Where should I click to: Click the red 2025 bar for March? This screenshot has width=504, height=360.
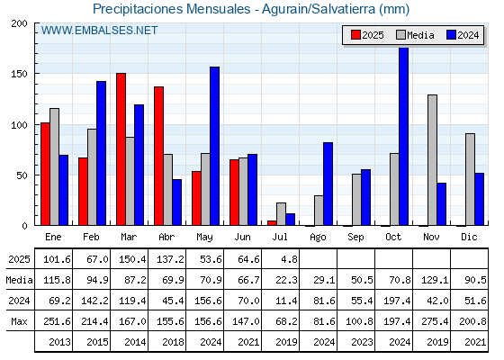coord(121,149)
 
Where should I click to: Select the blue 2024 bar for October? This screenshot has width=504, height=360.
coord(403,136)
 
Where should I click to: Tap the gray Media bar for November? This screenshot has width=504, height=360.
coord(432,160)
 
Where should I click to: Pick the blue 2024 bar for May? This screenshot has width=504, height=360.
coord(214,146)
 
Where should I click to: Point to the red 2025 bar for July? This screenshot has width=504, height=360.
coord(272,223)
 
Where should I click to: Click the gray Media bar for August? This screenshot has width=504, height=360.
coord(319,211)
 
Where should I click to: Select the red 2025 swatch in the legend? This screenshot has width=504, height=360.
coord(355,35)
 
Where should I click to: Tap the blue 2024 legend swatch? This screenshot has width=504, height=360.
coord(451,35)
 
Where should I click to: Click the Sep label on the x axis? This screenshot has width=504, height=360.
coord(355,238)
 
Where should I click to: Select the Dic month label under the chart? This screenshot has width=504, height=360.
coord(469,238)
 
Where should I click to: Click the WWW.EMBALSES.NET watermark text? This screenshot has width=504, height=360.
coord(99,31)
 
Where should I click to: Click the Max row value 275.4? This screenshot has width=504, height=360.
coord(435,321)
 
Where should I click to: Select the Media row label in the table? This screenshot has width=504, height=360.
coord(19,280)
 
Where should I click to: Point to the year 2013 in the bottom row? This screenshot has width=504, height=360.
coord(59,342)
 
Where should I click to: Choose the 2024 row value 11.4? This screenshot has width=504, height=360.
coord(286,301)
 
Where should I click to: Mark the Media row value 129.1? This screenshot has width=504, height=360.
coord(435,280)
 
